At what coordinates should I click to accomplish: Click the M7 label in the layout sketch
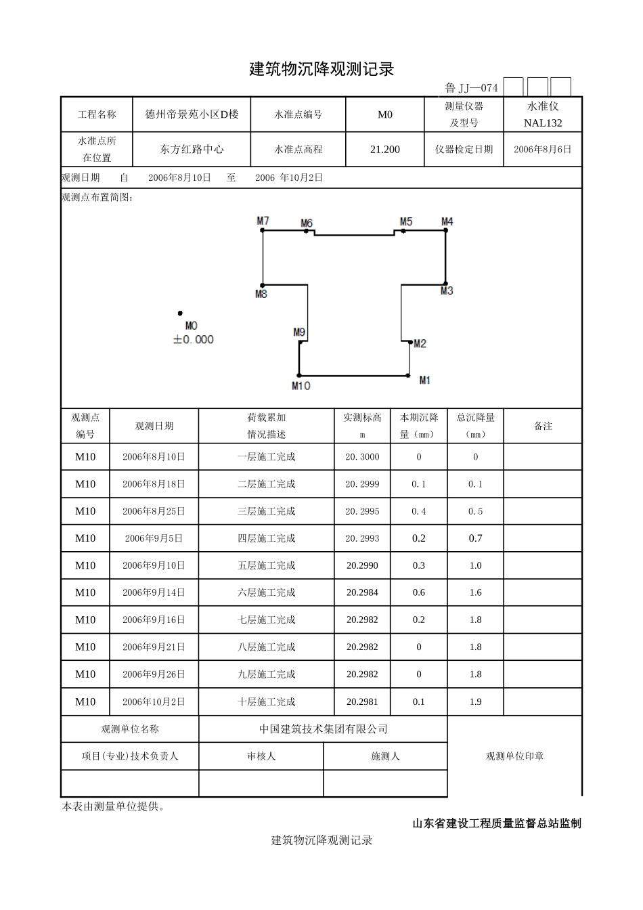click(x=263, y=221)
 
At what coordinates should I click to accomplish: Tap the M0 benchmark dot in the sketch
click(x=180, y=313)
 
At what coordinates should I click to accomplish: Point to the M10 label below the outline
click(x=301, y=385)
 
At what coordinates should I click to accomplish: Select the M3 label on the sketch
click(x=447, y=291)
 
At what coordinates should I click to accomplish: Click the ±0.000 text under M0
click(x=193, y=339)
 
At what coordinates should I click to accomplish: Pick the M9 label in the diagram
click(x=299, y=332)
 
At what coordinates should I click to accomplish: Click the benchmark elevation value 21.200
click(x=384, y=150)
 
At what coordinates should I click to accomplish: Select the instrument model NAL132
click(x=543, y=123)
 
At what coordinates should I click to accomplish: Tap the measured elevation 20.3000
click(x=362, y=457)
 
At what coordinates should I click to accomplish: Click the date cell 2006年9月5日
click(x=154, y=538)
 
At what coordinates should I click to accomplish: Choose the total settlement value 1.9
click(x=475, y=701)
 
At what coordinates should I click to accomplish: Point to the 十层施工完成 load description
click(x=266, y=701)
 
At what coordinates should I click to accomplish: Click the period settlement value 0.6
click(x=418, y=592)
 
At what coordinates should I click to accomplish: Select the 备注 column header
click(x=543, y=426)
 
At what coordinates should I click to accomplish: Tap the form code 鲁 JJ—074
click(x=471, y=88)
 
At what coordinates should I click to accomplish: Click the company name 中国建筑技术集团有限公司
click(x=323, y=729)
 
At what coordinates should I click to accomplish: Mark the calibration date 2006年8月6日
click(x=543, y=150)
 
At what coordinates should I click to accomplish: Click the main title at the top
click(x=321, y=69)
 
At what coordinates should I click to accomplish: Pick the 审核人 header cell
click(x=261, y=756)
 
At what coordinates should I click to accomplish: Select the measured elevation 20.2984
click(x=362, y=592)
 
